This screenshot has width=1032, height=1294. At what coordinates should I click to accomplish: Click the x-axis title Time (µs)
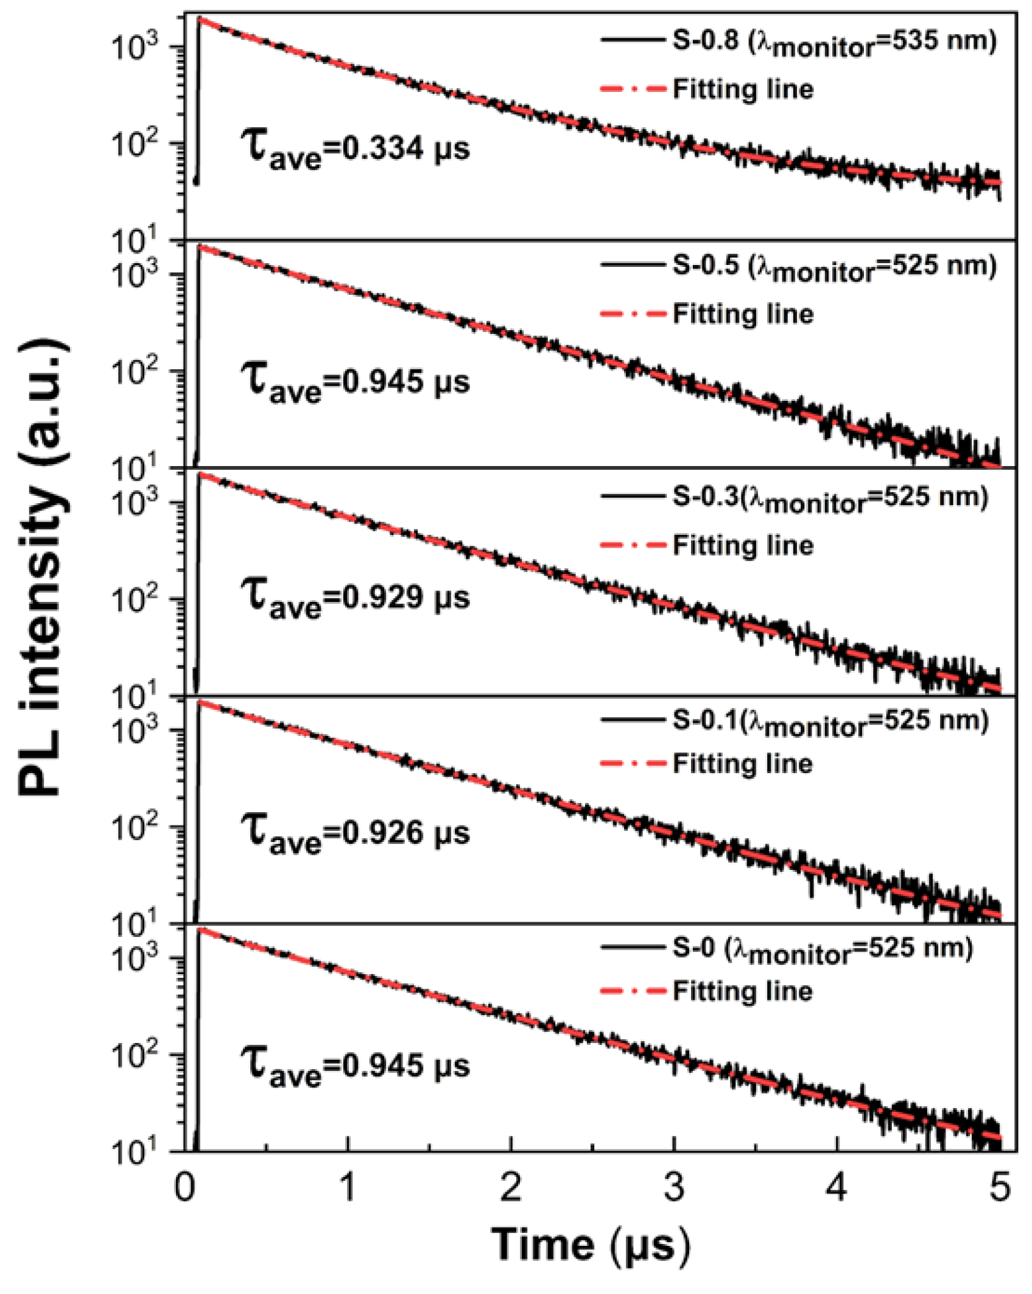click(x=590, y=1245)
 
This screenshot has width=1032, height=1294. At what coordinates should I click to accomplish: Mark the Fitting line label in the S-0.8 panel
click(x=743, y=90)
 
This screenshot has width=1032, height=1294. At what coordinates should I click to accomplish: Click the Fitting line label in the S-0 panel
click(x=743, y=991)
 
